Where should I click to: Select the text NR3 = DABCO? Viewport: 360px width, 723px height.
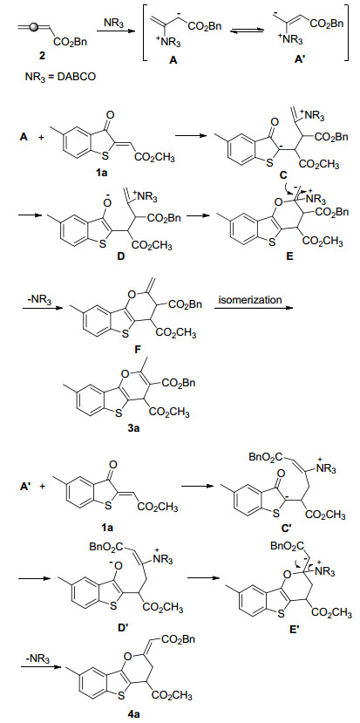(60, 77)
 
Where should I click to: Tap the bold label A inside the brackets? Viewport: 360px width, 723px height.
(174, 60)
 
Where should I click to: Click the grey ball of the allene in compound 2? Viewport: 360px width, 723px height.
(33, 28)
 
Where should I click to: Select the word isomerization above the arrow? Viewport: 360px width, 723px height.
(249, 300)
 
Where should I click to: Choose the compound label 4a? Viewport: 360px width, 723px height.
(132, 713)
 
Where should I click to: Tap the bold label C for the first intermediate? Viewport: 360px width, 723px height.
(283, 174)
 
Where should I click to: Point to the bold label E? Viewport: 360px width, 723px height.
(289, 256)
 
